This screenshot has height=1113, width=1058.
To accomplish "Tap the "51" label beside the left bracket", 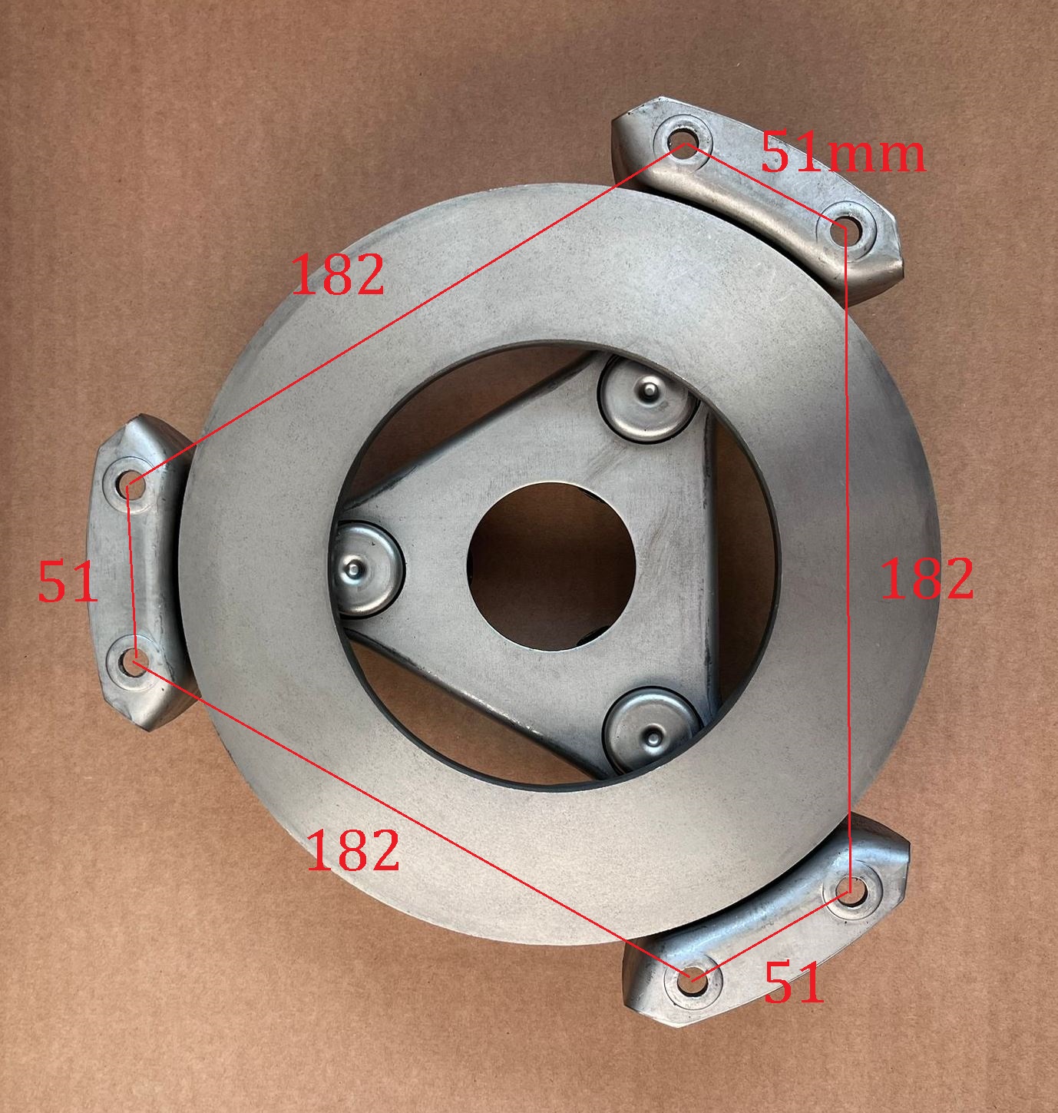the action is click(x=68, y=582).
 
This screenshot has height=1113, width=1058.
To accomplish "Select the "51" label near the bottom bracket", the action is click(x=794, y=982).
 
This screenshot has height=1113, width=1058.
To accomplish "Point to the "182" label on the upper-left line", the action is click(x=339, y=274).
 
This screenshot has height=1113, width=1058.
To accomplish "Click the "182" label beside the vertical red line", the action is click(x=927, y=578).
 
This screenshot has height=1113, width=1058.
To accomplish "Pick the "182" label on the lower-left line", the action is click(x=353, y=850).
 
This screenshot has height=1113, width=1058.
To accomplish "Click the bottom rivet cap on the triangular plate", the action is click(x=652, y=730).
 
